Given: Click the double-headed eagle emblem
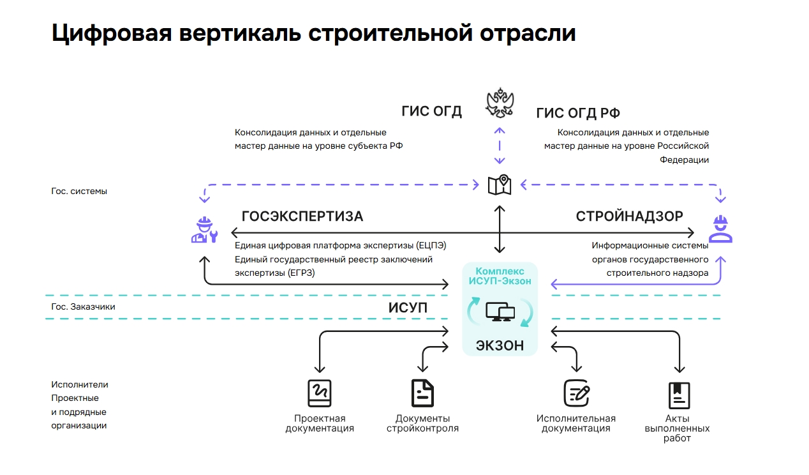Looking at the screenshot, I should click(x=500, y=104).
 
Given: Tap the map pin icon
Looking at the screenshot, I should click(x=500, y=185).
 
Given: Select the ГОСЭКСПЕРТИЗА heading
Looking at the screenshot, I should click(x=302, y=216).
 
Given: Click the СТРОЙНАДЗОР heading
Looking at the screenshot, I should click(x=629, y=216).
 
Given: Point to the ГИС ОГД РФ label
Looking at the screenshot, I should click(x=578, y=114).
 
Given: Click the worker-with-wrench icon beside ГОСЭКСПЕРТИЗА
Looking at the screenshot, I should click(x=204, y=230).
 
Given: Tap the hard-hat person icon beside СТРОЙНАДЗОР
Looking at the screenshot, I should click(x=721, y=230).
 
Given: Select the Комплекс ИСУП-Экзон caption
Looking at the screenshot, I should click(x=500, y=276).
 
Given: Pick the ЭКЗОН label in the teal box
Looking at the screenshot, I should click(x=500, y=345).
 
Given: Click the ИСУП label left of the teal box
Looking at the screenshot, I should click(x=408, y=308).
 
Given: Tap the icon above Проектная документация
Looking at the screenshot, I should click(x=320, y=393).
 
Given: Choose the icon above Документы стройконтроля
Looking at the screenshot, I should click(x=422, y=393).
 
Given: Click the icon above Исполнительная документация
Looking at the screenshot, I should click(x=576, y=393).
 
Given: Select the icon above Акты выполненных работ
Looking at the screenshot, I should click(x=679, y=395).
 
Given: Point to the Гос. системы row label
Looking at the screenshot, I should click(x=79, y=191).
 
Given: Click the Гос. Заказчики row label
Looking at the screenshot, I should click(x=83, y=306).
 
